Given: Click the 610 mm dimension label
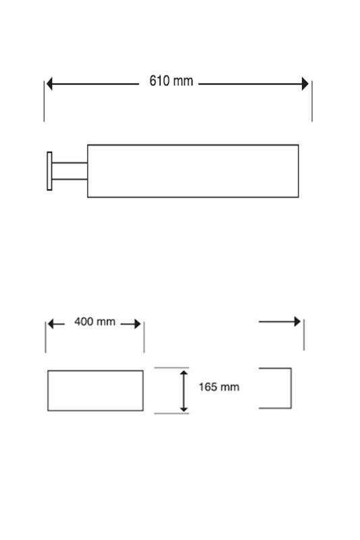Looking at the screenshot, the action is (x=171, y=81).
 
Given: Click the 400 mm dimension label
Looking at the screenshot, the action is (x=95, y=322).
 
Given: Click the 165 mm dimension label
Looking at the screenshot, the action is (x=219, y=387).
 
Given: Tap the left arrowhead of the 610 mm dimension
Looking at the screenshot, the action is (x=49, y=84).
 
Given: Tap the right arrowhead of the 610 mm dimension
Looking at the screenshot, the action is (x=305, y=84).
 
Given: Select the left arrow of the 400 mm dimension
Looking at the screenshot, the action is (x=56, y=324).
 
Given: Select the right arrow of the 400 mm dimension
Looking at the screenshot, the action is (x=130, y=324).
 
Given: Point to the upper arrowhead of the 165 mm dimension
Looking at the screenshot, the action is (x=184, y=373).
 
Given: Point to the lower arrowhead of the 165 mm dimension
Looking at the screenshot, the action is (x=184, y=409).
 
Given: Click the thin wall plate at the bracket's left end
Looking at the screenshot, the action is (x=49, y=171).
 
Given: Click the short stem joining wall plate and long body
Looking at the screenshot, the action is (x=70, y=171).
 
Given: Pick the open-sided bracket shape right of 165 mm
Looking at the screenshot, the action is (x=291, y=388).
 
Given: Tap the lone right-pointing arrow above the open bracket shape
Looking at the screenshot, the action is (x=280, y=322).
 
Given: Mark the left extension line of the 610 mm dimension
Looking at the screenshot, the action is (x=44, y=101).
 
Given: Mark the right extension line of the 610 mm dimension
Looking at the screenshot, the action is (x=312, y=101).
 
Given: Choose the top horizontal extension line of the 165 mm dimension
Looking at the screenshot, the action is (x=172, y=368).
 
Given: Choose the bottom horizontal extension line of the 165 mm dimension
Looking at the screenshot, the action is (x=172, y=413).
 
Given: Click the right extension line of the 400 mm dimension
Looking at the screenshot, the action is (x=144, y=337).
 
